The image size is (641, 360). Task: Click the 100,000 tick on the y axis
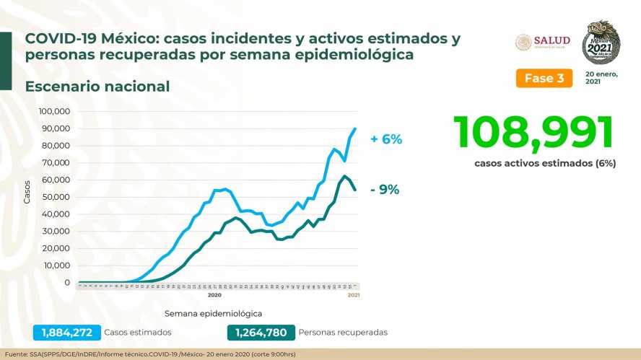coord(54,112)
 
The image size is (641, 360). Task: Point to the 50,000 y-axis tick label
coord(56,197)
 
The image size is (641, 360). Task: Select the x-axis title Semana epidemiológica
coord(213,314)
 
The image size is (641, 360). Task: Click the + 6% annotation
coord(387,139)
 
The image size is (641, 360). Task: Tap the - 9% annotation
coord(385,190)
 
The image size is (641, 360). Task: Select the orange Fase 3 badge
coord(543,78)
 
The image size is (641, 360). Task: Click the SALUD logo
coord(542,42)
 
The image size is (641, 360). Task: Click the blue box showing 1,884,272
coord(66,333)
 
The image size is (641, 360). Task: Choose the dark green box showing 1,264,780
coord(261,333)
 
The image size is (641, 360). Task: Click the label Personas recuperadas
coord(344,333)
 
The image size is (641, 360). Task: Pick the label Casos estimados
coord(138,333)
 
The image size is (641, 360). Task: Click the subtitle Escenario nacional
coord(97,87)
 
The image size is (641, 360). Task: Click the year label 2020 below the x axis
coord(214,295)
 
